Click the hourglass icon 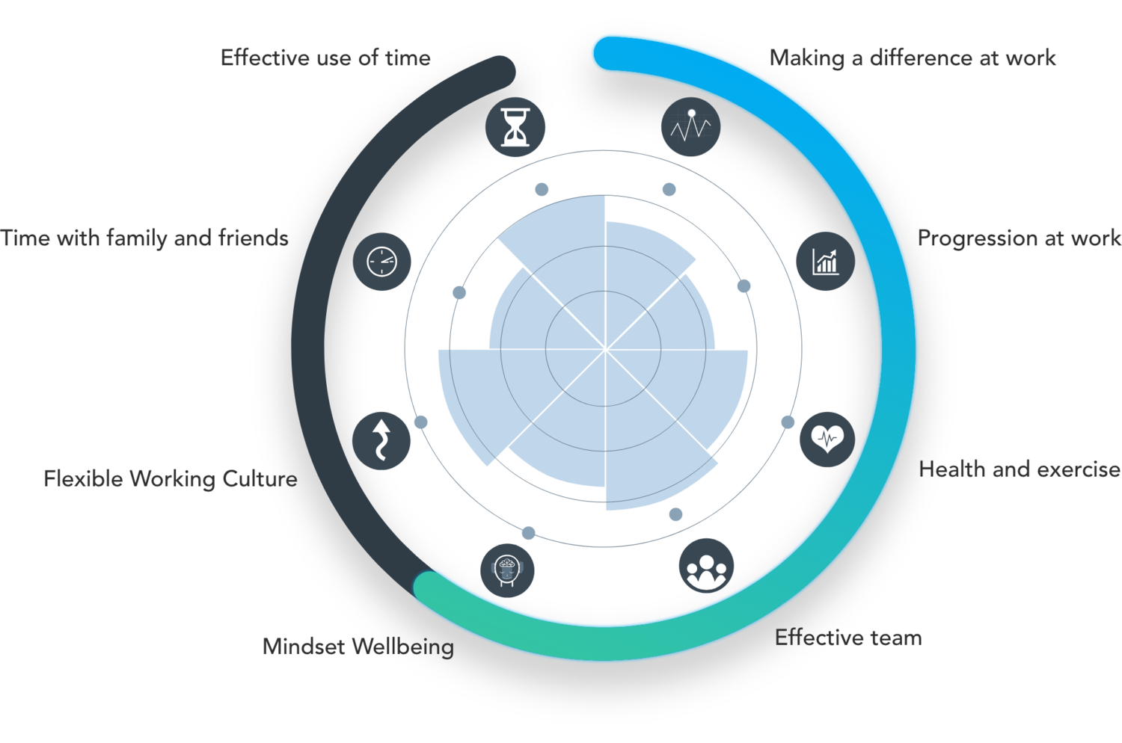(515, 126)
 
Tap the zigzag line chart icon (691, 126)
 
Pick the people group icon (705, 567)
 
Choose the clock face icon (381, 261)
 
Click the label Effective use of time (325, 58)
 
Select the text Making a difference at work (913, 58)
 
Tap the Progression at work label (1019, 238)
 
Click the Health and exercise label (1020, 469)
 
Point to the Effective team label (848, 638)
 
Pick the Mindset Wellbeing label (358, 647)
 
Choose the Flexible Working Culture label (171, 478)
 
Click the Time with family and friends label (144, 238)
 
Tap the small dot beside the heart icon (788, 422)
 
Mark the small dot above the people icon (675, 514)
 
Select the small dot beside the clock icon (459, 291)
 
